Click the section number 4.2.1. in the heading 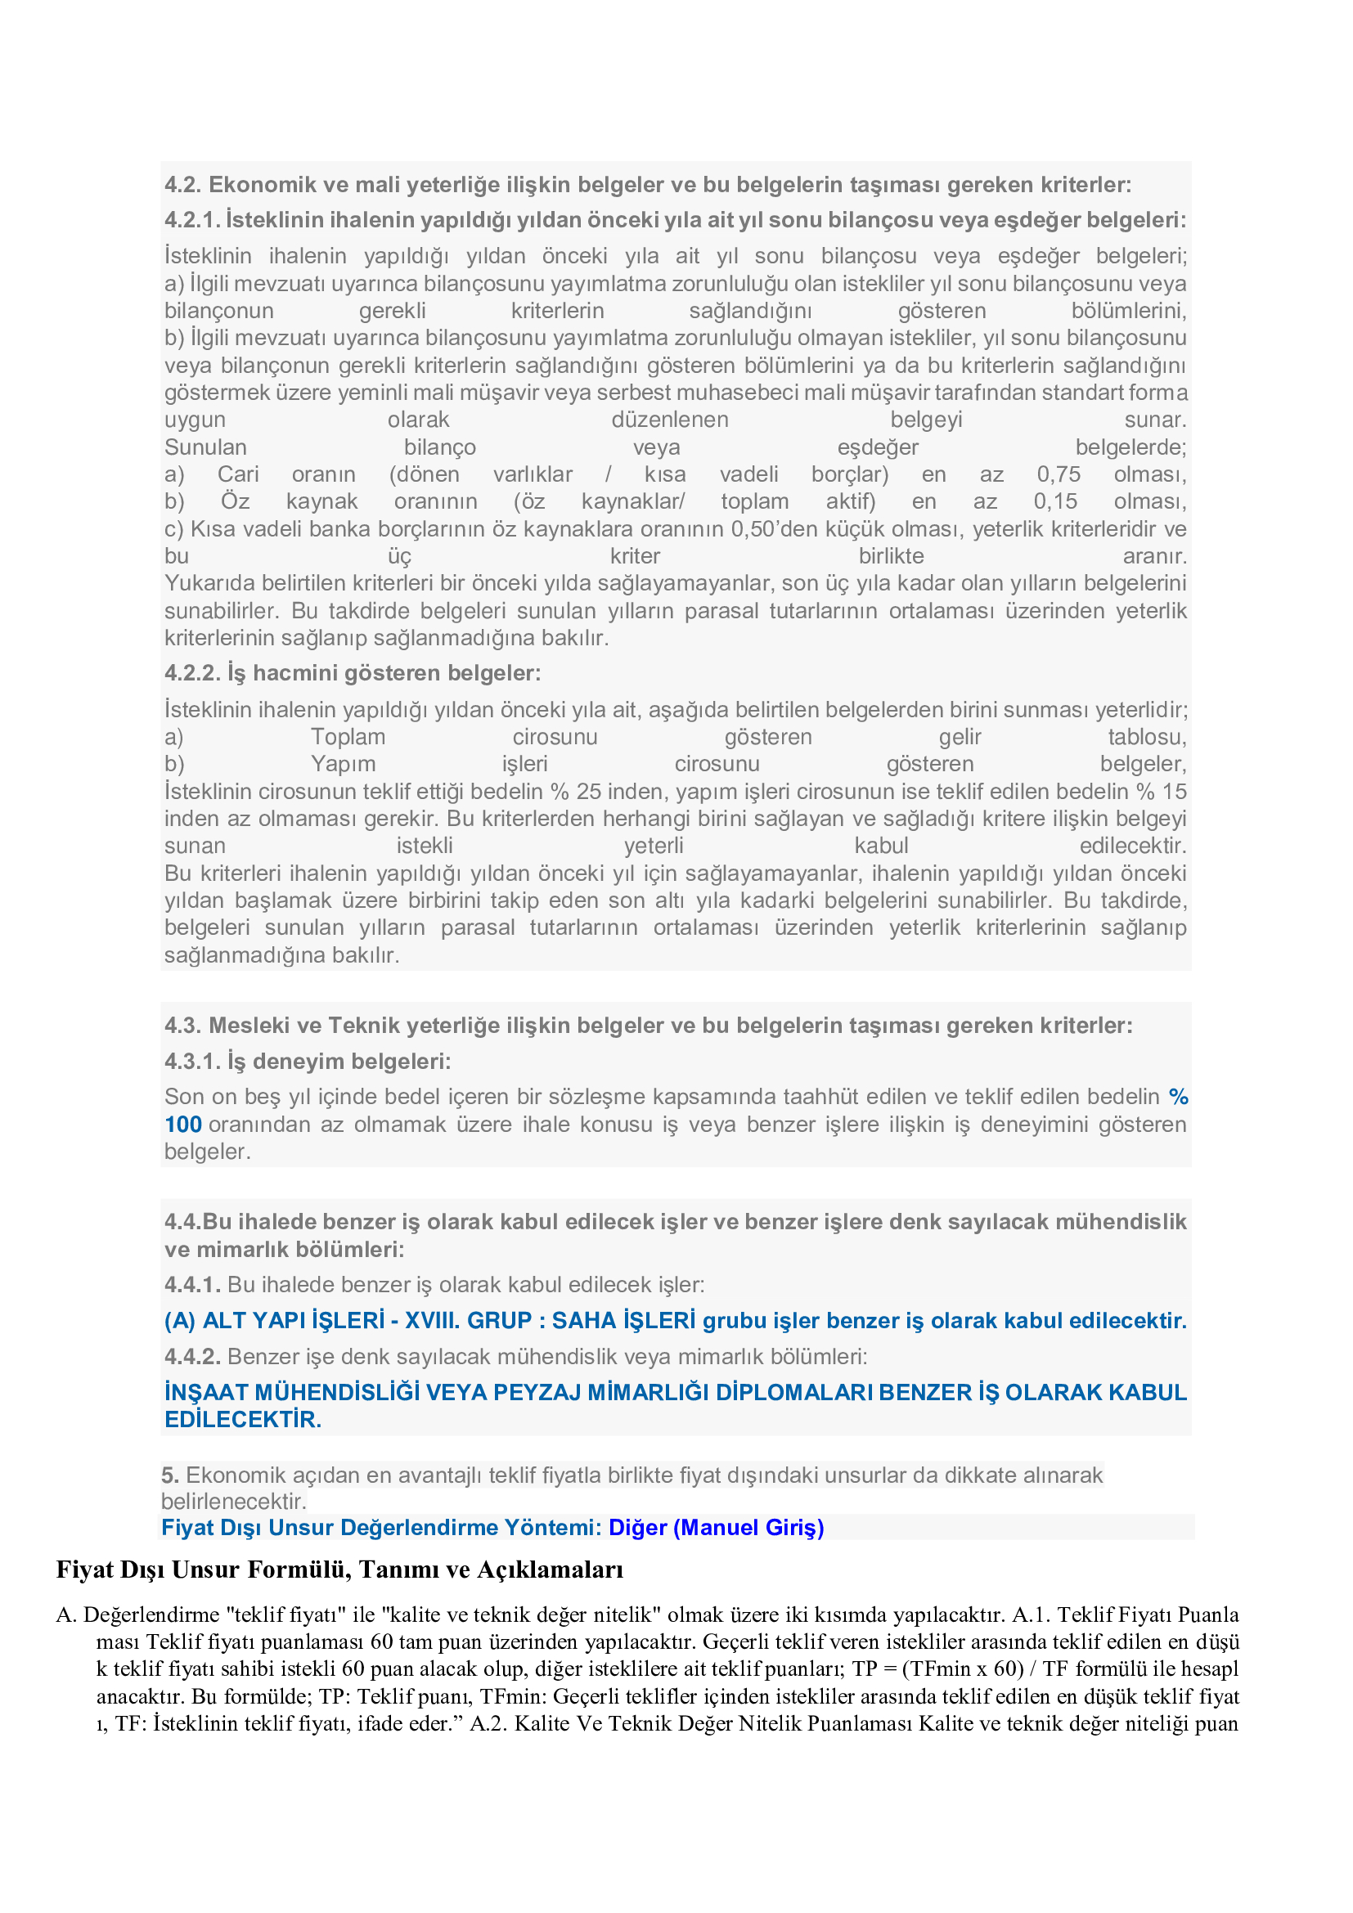(x=191, y=220)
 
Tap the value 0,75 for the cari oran (x=1058, y=474)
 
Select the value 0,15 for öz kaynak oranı (x=1054, y=501)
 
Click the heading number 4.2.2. (x=192, y=673)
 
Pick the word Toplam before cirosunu (x=348, y=738)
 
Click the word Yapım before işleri (x=343, y=764)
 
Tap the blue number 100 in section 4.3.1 (x=182, y=1125)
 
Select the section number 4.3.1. (x=192, y=1062)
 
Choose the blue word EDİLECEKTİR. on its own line (x=242, y=1420)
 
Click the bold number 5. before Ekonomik (x=170, y=1475)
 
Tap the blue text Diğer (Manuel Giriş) (x=716, y=1527)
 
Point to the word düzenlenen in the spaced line (x=669, y=420)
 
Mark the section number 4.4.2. (x=192, y=1356)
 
